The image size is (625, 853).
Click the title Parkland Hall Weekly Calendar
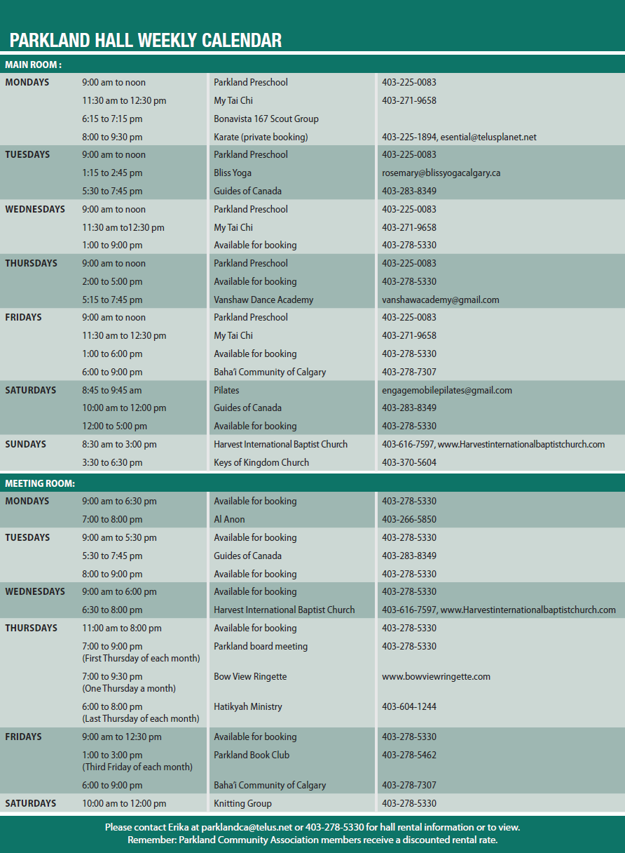pos(146,41)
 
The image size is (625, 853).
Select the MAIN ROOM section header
pos(33,65)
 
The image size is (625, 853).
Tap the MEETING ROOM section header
pos(40,483)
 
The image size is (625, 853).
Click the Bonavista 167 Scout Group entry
pos(266,119)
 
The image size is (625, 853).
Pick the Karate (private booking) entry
pos(261,137)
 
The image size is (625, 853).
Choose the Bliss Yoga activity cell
pos(233,173)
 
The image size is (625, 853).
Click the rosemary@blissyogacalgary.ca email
pos(441,173)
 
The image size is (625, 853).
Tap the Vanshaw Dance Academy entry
pos(263,300)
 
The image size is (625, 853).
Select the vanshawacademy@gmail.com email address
pos(440,300)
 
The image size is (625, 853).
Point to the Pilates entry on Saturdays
pos(226,390)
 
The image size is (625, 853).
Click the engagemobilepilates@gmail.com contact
pos(446,390)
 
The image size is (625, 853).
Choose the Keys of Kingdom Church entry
pos(261,462)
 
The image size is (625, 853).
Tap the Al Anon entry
pos(229,519)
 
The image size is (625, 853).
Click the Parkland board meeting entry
pos(261,646)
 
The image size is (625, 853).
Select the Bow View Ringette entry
pos(250,676)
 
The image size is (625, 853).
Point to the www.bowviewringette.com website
pos(436,676)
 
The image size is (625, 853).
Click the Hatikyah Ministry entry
pos(248,706)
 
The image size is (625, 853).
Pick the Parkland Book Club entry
pos(252,755)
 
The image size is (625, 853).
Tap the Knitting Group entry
pos(242,803)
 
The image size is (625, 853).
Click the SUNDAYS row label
pos(26,444)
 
